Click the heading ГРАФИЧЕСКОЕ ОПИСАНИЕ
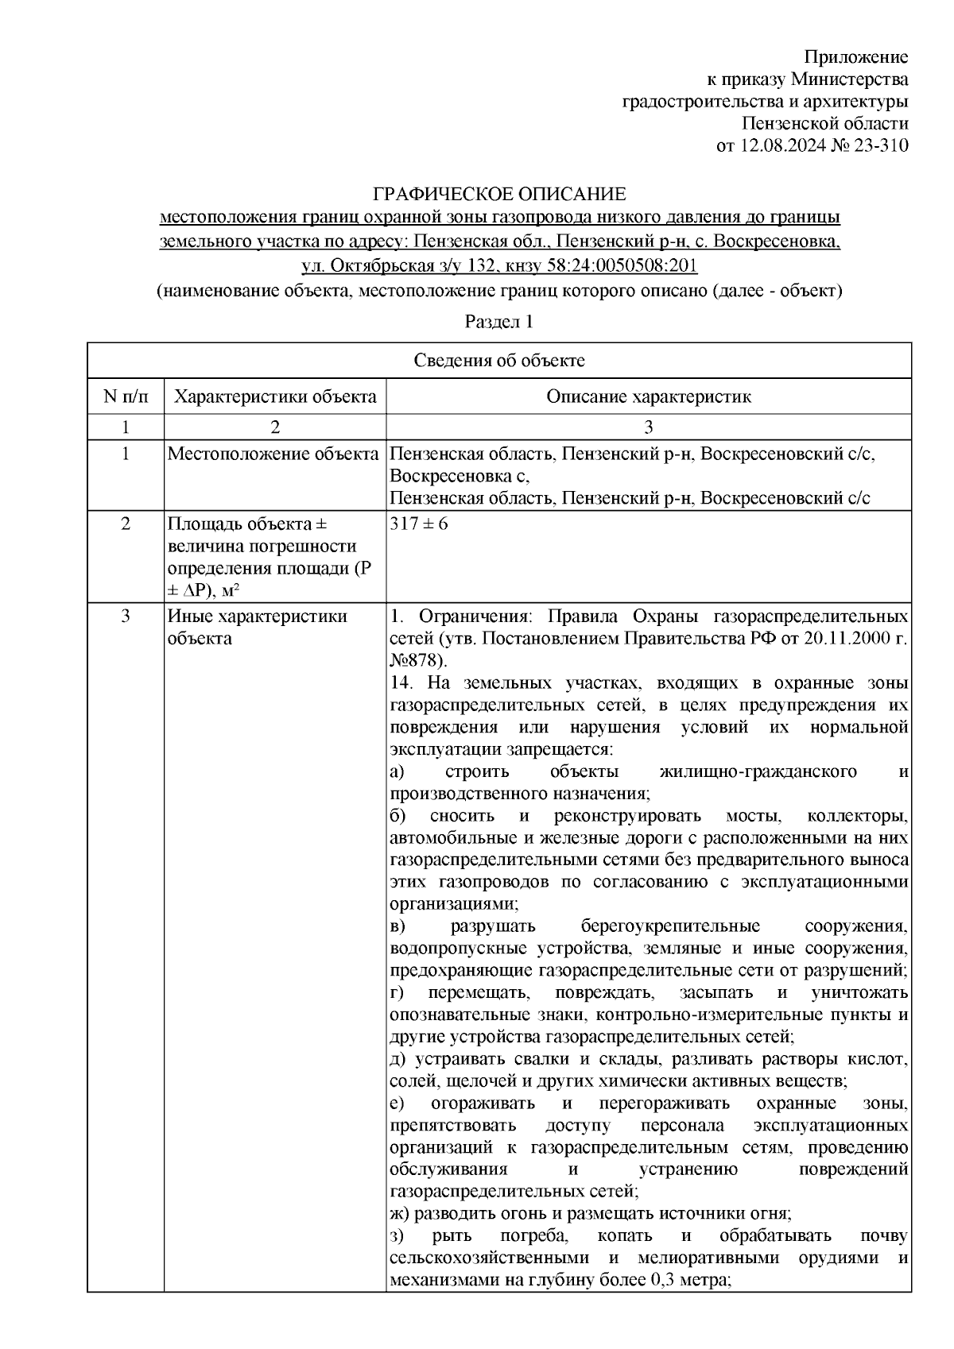point(500,194)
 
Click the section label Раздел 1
point(498,322)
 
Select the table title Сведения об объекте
point(499,361)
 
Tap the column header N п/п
point(125,396)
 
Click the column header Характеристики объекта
point(275,396)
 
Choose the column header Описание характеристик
point(648,396)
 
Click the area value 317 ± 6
point(419,524)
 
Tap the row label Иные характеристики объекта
point(257,627)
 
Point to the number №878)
point(419,660)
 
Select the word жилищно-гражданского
point(758,771)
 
